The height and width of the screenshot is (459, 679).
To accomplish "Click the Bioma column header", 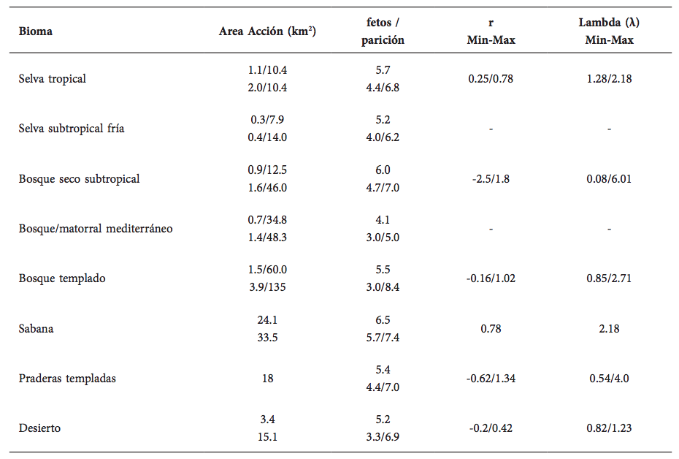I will pos(36,32).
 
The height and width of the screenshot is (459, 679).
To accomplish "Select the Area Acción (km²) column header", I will pos(267,31).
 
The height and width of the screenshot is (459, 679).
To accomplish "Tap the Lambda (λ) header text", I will pos(609,23).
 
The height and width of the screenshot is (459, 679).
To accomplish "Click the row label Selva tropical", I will pos(53,78).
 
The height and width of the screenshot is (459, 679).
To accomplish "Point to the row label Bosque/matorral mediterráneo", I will pos(96,228).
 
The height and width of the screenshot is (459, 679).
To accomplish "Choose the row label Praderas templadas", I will pos(67,378).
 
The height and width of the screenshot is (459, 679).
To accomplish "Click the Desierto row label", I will pos(39,428).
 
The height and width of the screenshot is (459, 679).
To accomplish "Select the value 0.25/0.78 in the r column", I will pos(491,78).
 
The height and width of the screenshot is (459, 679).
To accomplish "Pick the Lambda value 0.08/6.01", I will pos(609,178).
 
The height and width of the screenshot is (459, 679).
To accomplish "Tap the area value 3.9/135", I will pos(267,287).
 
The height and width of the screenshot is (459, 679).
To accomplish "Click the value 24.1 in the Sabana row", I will pos(267,319).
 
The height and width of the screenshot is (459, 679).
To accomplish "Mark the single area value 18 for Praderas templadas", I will pos(267,378).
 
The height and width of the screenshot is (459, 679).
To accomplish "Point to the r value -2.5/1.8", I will pos(491,178).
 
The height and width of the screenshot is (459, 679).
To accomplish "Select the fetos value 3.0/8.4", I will pos(383,287).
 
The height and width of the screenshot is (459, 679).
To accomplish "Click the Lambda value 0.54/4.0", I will pos(609,378).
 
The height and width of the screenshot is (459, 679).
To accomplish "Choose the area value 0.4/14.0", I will pos(267,137).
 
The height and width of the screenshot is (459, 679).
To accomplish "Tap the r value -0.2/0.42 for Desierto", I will pos(491,428).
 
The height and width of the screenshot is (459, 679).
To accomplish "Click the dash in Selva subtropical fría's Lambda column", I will pos(609,129).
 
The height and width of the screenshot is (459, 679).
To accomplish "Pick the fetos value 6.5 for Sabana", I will pos(383,319).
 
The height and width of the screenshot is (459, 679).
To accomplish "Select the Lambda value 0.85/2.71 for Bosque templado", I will pos(609,278).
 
